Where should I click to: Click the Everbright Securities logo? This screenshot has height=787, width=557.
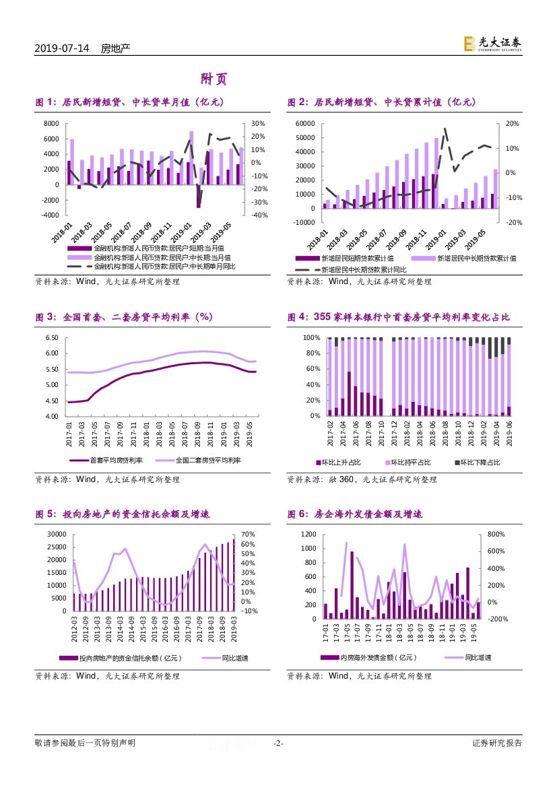tap(492, 44)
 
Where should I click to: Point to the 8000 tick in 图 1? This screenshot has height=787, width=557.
tap(51, 124)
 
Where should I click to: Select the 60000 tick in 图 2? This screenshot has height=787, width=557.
tap(306, 124)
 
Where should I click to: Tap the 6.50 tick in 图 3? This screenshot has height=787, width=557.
tap(52, 337)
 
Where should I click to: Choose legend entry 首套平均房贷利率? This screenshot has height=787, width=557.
tap(115, 460)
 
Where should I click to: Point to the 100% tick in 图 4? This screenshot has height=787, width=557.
tap(310, 337)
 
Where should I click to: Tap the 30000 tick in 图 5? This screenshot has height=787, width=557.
tap(55, 534)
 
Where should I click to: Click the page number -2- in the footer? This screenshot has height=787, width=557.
tap(278, 744)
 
